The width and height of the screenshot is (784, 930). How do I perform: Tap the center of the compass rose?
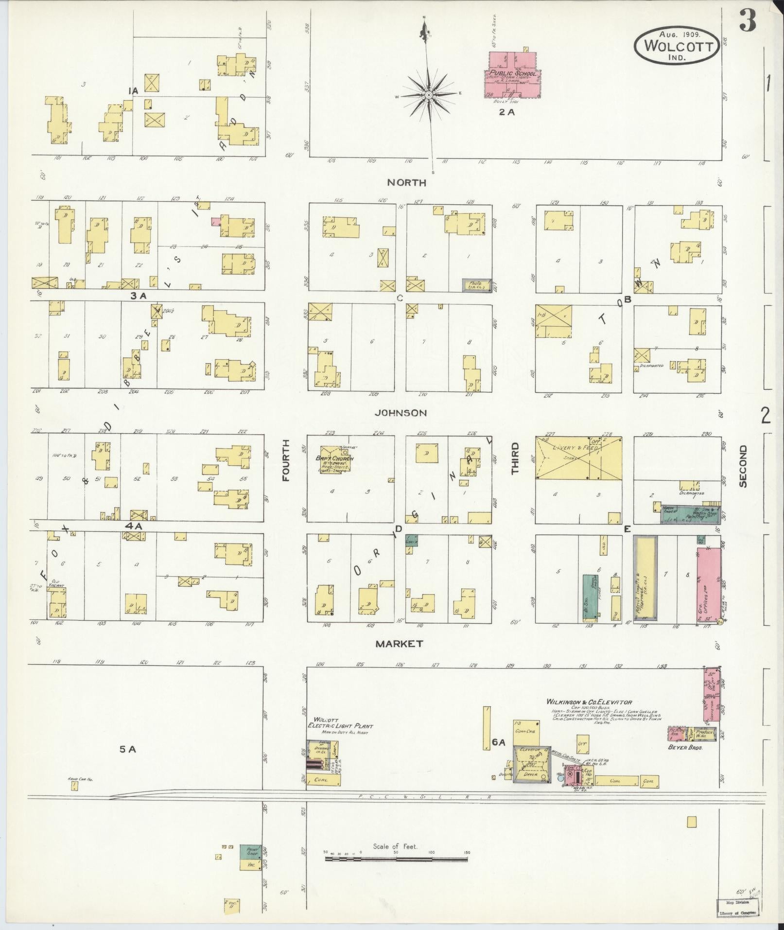(x=429, y=96)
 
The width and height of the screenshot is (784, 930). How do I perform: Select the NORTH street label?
(x=407, y=183)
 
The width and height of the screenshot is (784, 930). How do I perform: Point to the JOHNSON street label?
(x=401, y=413)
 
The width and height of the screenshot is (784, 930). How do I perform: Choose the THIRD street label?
(x=515, y=458)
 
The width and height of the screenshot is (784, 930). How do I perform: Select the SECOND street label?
(x=742, y=466)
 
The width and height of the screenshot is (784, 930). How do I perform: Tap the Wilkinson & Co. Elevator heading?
(x=589, y=702)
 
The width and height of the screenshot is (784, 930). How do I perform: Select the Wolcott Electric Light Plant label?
(x=340, y=725)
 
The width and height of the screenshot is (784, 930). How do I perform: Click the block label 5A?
(x=128, y=763)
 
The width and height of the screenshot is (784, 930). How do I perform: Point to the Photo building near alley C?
(x=477, y=285)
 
